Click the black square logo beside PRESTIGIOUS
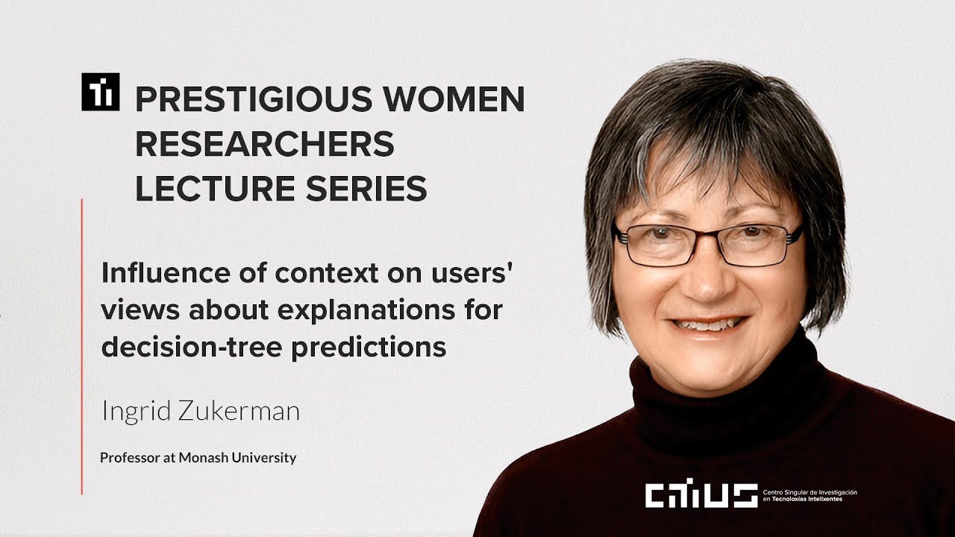[100, 92]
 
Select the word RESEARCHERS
[264, 145]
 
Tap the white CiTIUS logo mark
[701, 494]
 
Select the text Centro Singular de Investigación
[810, 493]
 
